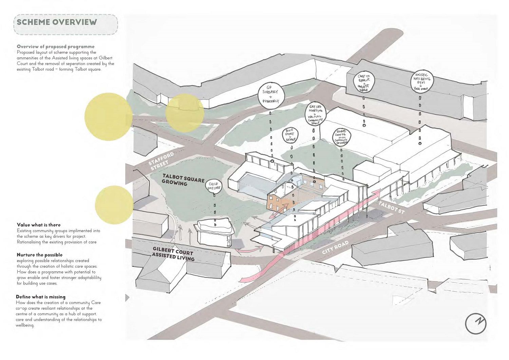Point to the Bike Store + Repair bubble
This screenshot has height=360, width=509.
point(290,135)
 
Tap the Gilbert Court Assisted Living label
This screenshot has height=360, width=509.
point(173,254)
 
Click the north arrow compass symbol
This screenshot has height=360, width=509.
point(476,323)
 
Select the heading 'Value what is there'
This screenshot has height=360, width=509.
point(39,225)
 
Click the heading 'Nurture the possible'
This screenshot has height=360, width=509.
point(39,255)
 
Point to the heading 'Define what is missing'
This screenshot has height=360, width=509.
point(41,297)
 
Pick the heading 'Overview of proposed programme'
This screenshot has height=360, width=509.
point(56,47)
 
